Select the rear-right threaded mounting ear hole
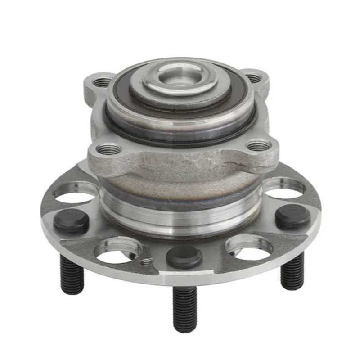(x=253, y=78)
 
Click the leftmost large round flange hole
(x=75, y=191)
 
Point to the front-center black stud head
(x=184, y=257)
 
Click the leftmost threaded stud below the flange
(x=72, y=274)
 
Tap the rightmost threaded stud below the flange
(x=292, y=272)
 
